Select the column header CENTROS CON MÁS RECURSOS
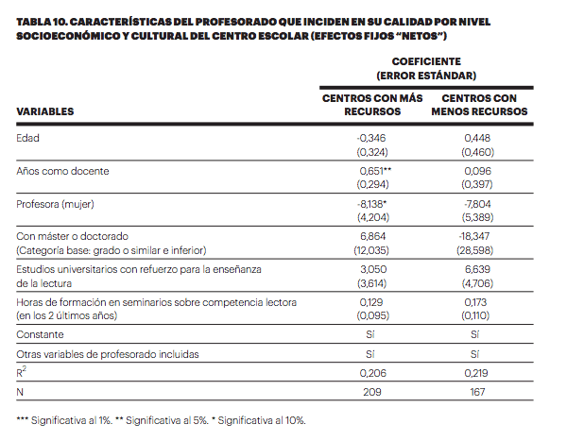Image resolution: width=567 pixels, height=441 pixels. coord(373,104)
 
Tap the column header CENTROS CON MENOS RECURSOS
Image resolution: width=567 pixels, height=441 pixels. coord(479,104)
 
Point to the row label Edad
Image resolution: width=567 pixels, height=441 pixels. coord(28,138)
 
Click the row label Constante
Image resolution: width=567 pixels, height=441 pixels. coord(40,334)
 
